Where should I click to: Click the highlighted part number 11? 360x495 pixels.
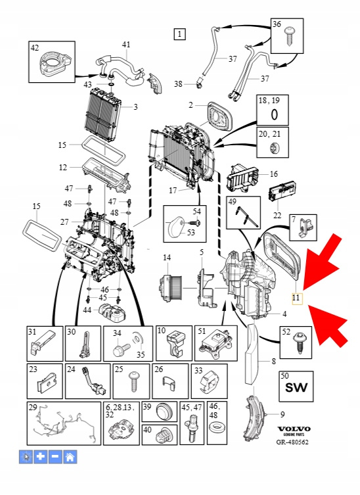point(297,298)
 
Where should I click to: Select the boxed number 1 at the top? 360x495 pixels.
point(179,34)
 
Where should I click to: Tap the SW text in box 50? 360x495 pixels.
point(296,387)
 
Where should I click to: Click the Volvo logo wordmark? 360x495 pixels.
point(294,429)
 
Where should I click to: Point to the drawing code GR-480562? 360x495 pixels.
point(292,442)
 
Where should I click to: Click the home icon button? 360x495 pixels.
point(70,456)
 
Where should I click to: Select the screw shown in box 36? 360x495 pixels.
point(288,37)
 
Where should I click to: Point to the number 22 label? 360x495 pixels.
point(277,216)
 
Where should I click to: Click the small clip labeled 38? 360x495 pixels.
point(200,85)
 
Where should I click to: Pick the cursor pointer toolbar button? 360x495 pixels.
point(26,456)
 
